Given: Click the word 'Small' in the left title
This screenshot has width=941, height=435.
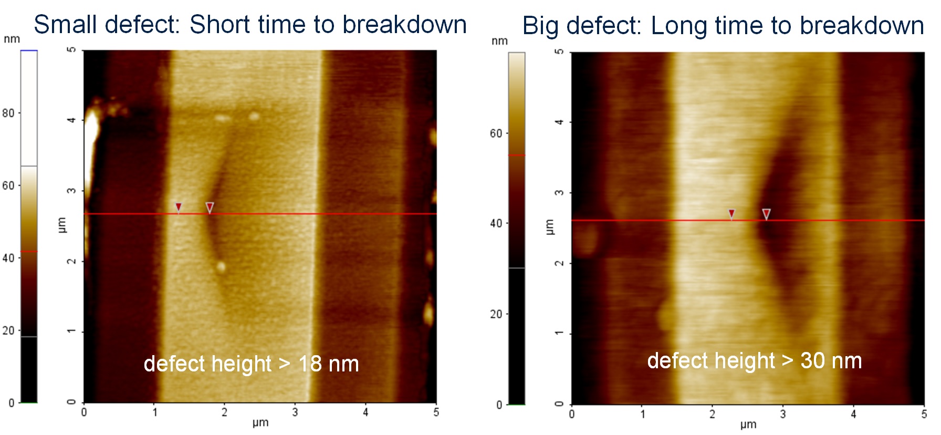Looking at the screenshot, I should coord(65,25).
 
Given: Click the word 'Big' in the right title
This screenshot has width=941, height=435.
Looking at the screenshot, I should coord(540,26).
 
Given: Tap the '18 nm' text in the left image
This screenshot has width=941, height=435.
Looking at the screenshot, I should coord(328,364).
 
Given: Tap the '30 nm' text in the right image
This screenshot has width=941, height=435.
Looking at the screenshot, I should coord(831,361).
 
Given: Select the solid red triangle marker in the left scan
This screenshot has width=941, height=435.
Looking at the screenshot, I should coord(179,206).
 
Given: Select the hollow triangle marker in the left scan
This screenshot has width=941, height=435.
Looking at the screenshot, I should coord(210,208).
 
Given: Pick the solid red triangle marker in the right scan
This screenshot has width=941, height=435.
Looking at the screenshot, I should coord(731,213).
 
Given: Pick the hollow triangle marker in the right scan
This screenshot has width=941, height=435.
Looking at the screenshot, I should coord(766,214).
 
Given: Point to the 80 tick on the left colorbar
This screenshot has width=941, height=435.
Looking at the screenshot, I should coord(8,113).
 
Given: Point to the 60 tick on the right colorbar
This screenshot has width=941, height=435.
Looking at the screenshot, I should coord(496,133).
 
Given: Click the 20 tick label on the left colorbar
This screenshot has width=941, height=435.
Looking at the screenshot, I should coord(8,330).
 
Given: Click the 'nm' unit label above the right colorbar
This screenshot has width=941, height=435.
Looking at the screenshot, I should coord(499,41).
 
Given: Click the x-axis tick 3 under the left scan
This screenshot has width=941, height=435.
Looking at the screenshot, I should coord(295,412).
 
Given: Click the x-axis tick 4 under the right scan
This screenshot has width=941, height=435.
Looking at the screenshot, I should coord(853,415).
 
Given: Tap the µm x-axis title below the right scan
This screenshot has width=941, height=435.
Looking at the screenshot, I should coord(748,424).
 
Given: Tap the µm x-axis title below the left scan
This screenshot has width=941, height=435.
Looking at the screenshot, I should coord(260,422).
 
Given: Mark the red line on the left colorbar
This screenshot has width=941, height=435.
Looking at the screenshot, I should coord(29,252).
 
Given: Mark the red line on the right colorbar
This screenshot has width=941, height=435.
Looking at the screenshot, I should coord(517,156).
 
